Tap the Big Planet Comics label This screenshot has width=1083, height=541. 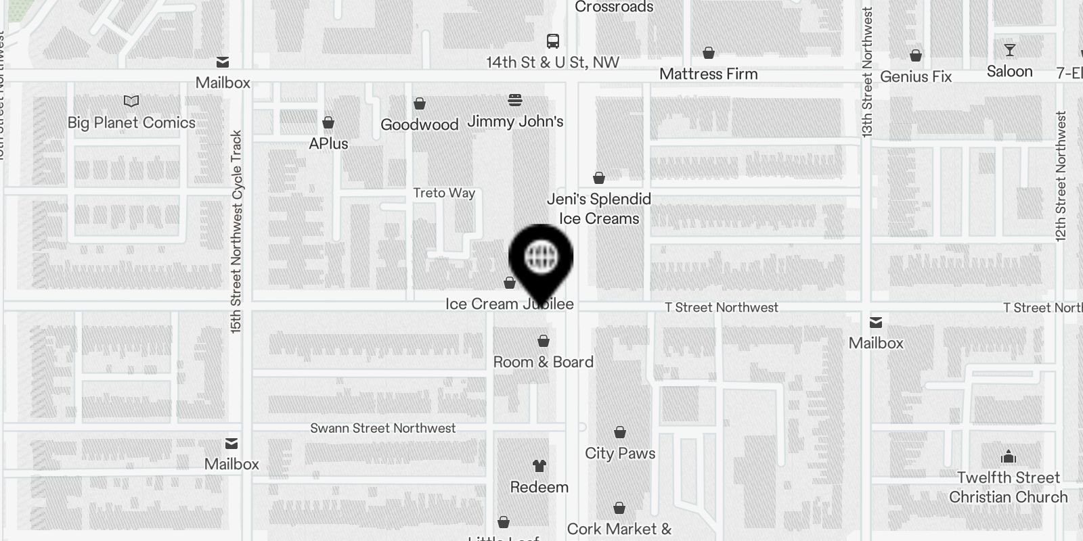(x=131, y=123)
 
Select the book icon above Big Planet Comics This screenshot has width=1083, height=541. (x=131, y=101)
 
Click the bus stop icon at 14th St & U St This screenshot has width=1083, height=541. (x=553, y=41)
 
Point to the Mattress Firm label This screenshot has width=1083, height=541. (x=708, y=74)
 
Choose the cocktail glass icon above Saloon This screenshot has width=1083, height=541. (x=1009, y=51)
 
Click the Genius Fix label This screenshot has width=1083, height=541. (x=915, y=77)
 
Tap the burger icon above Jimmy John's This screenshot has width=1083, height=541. (x=515, y=101)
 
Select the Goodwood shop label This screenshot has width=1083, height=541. (x=419, y=125)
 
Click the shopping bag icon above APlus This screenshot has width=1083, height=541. (x=328, y=122)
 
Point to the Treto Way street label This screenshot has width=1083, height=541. (x=444, y=193)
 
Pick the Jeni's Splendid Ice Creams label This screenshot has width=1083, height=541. (x=599, y=209)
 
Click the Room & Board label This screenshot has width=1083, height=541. (x=543, y=362)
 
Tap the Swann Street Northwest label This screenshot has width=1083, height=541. (x=382, y=428)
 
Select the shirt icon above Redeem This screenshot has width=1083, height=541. (x=539, y=466)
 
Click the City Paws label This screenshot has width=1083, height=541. (x=620, y=454)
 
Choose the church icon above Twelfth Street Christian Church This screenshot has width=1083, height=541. (x=1009, y=456)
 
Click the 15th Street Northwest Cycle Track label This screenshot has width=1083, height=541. (x=236, y=231)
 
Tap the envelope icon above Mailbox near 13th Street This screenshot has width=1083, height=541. (x=876, y=323)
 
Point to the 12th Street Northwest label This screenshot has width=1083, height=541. (x=1061, y=176)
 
